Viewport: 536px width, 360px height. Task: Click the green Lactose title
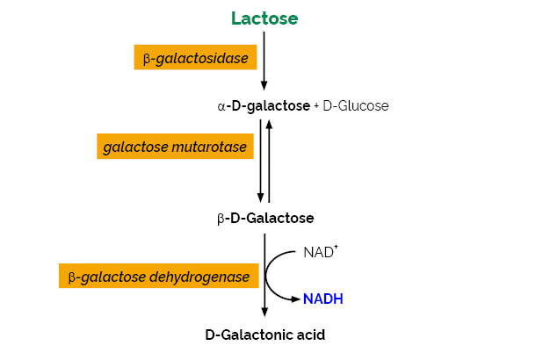pos(264,18)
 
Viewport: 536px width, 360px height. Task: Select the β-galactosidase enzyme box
pos(195,58)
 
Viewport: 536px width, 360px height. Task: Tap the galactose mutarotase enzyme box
pos(175,146)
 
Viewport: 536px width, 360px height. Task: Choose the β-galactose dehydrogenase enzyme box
pos(159,277)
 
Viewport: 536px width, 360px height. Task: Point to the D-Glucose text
pos(356,105)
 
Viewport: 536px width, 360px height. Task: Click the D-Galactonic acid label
pos(264,335)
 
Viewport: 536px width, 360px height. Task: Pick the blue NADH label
pos(322,299)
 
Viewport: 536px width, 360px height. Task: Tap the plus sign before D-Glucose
pos(316,105)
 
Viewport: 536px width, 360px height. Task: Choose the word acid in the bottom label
pos(308,335)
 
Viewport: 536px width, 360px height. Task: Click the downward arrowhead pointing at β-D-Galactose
pos(261,199)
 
